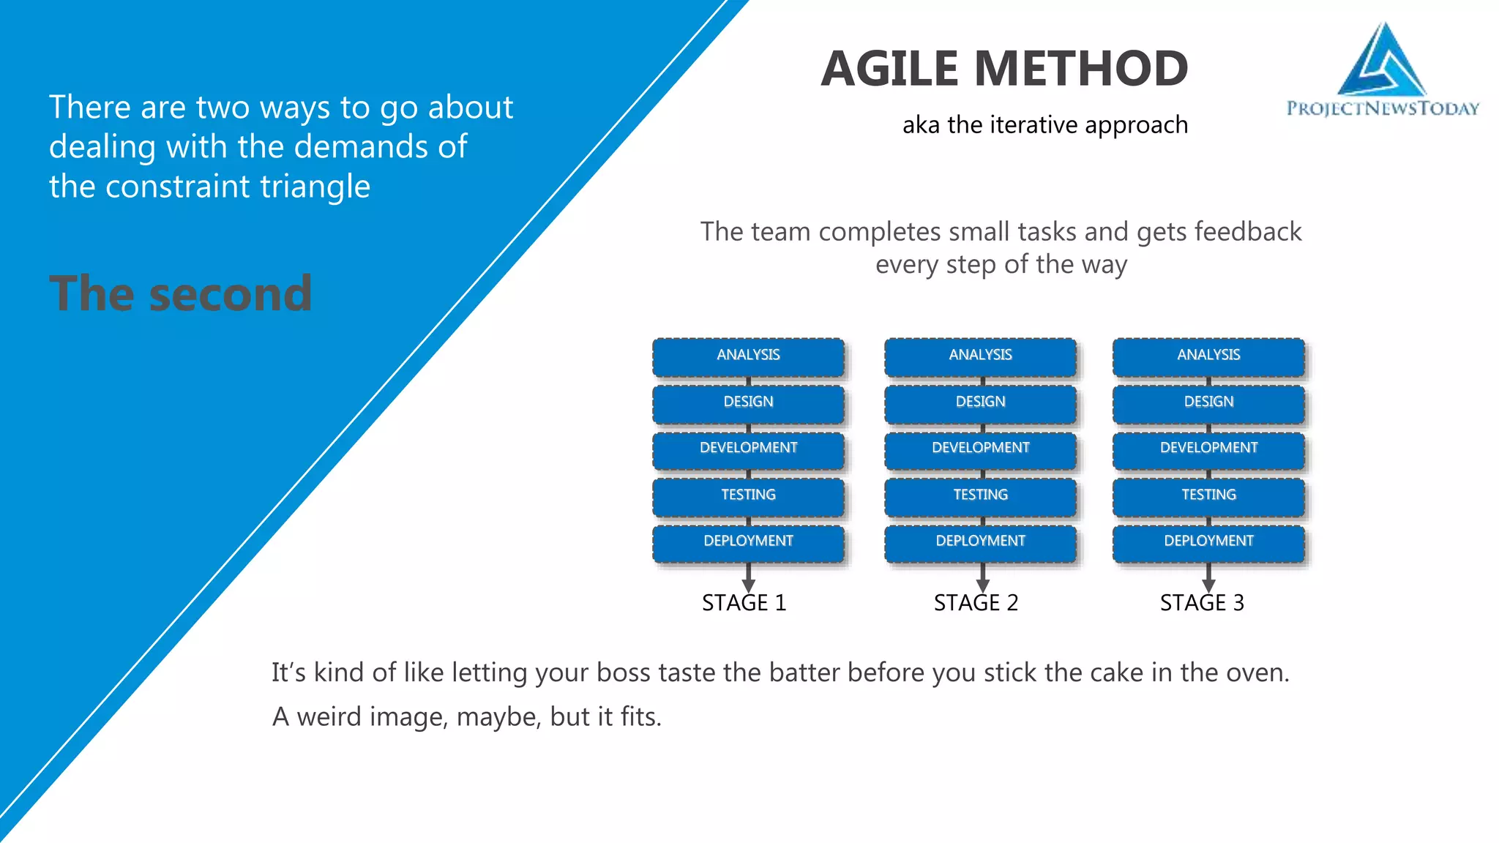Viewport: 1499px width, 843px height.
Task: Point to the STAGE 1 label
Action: [744, 603]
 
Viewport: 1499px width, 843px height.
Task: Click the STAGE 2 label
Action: [976, 603]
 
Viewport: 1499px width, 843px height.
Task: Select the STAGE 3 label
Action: [1202, 603]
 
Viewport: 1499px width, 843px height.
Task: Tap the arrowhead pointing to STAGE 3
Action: [1208, 585]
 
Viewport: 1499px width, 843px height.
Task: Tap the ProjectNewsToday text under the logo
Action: [1383, 109]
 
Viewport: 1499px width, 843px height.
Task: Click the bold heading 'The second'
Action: [181, 294]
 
